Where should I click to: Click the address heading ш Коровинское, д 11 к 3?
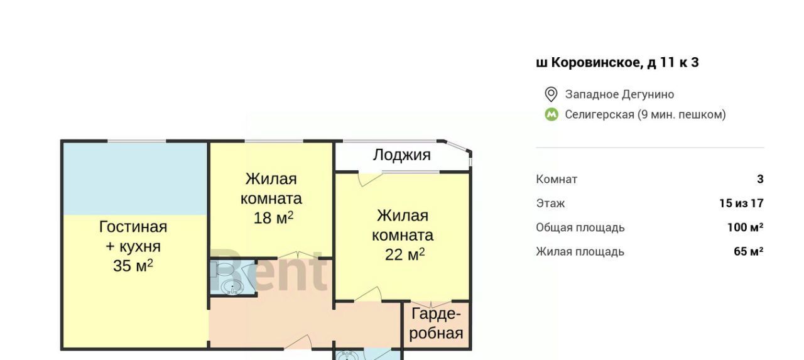[617, 62]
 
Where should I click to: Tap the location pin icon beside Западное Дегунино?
[551, 94]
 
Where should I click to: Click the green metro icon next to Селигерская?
[551, 115]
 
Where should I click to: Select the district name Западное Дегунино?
[619, 94]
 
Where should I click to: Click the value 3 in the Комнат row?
[760, 179]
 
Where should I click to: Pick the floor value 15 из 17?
[742, 204]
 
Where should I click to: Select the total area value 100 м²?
[746, 227]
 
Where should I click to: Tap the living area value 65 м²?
[749, 251]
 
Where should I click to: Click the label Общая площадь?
[580, 228]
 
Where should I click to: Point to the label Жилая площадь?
[580, 252]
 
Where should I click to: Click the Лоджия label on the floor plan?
[401, 155]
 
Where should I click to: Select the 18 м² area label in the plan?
[273, 217]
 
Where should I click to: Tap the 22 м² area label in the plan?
[405, 254]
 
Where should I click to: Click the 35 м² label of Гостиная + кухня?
[133, 266]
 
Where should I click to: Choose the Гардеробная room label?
[436, 324]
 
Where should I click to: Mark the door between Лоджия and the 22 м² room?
[371, 179]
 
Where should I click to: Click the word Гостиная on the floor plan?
[133, 227]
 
